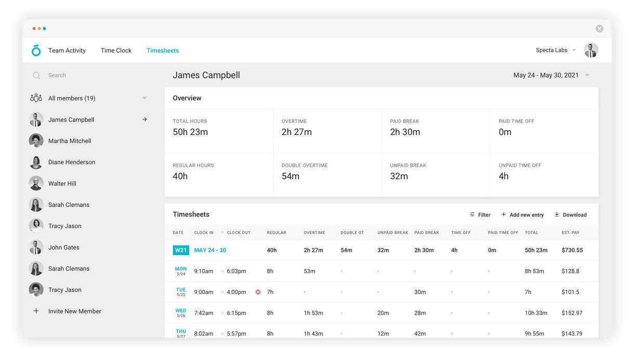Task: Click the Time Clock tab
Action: (116, 50)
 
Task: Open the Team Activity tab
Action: (67, 50)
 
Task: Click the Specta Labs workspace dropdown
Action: (556, 50)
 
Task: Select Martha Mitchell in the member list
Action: (70, 141)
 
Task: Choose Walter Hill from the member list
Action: (62, 183)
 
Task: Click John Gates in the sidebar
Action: (64, 247)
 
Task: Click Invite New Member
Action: (74, 311)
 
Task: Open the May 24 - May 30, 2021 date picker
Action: (551, 75)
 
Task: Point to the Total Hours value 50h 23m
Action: (190, 132)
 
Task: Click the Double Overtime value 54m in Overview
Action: (290, 176)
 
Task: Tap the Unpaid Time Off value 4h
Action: (504, 176)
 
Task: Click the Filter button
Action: (480, 215)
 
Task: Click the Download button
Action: (571, 215)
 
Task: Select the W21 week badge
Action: (181, 250)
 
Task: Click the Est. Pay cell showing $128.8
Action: (570, 271)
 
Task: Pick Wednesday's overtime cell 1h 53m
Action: (313, 313)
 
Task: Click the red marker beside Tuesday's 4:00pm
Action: (258, 292)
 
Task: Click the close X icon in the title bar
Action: (599, 29)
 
